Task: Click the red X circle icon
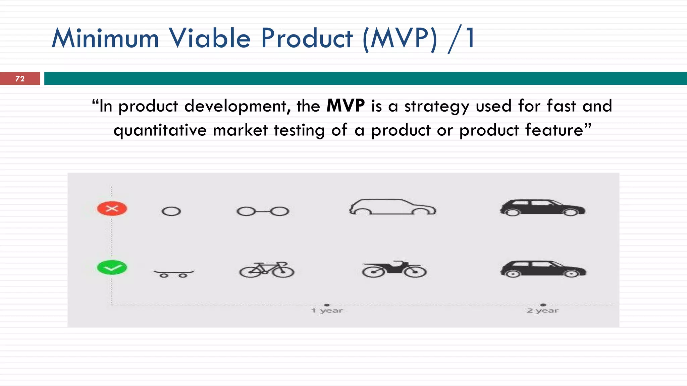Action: tap(112, 209)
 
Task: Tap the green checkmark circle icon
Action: tap(112, 267)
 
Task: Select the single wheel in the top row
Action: tap(171, 211)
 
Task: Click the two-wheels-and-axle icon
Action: tap(263, 211)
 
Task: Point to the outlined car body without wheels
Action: tap(392, 207)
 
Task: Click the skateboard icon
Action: tap(173, 273)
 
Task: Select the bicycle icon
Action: tap(267, 270)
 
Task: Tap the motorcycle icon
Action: tap(394, 269)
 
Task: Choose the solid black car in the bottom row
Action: tap(543, 269)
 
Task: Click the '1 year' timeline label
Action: tap(327, 311)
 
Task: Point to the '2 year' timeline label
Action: tap(543, 311)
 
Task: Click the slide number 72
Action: tap(20, 79)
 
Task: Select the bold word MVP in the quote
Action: tap(346, 106)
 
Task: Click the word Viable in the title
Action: tap(210, 38)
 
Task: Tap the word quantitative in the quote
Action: tap(160, 130)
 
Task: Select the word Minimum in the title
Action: tap(105, 38)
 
